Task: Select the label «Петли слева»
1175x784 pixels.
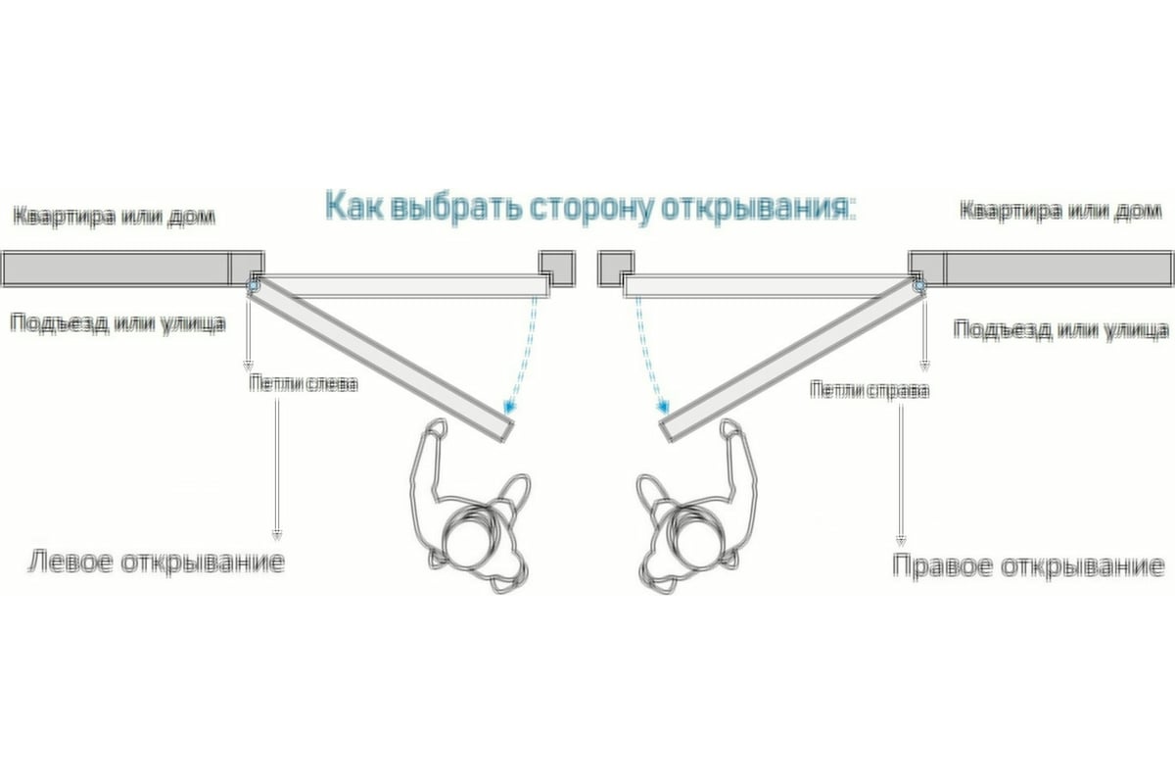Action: pyautogui.click(x=303, y=383)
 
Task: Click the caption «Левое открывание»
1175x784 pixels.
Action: pyautogui.click(x=155, y=563)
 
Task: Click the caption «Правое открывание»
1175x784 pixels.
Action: pyautogui.click(x=1028, y=566)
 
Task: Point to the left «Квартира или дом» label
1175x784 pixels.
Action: pyautogui.click(x=115, y=215)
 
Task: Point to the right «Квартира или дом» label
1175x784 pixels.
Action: pyautogui.click(x=1061, y=211)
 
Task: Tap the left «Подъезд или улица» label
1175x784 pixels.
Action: pyautogui.click(x=118, y=322)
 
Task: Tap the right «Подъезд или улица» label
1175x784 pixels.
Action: pyautogui.click(x=1061, y=329)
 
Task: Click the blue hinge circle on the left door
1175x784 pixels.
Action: pyautogui.click(x=254, y=286)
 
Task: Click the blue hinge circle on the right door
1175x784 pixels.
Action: pyautogui.click(x=919, y=286)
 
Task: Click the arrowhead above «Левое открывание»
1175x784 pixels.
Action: pyautogui.click(x=277, y=535)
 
